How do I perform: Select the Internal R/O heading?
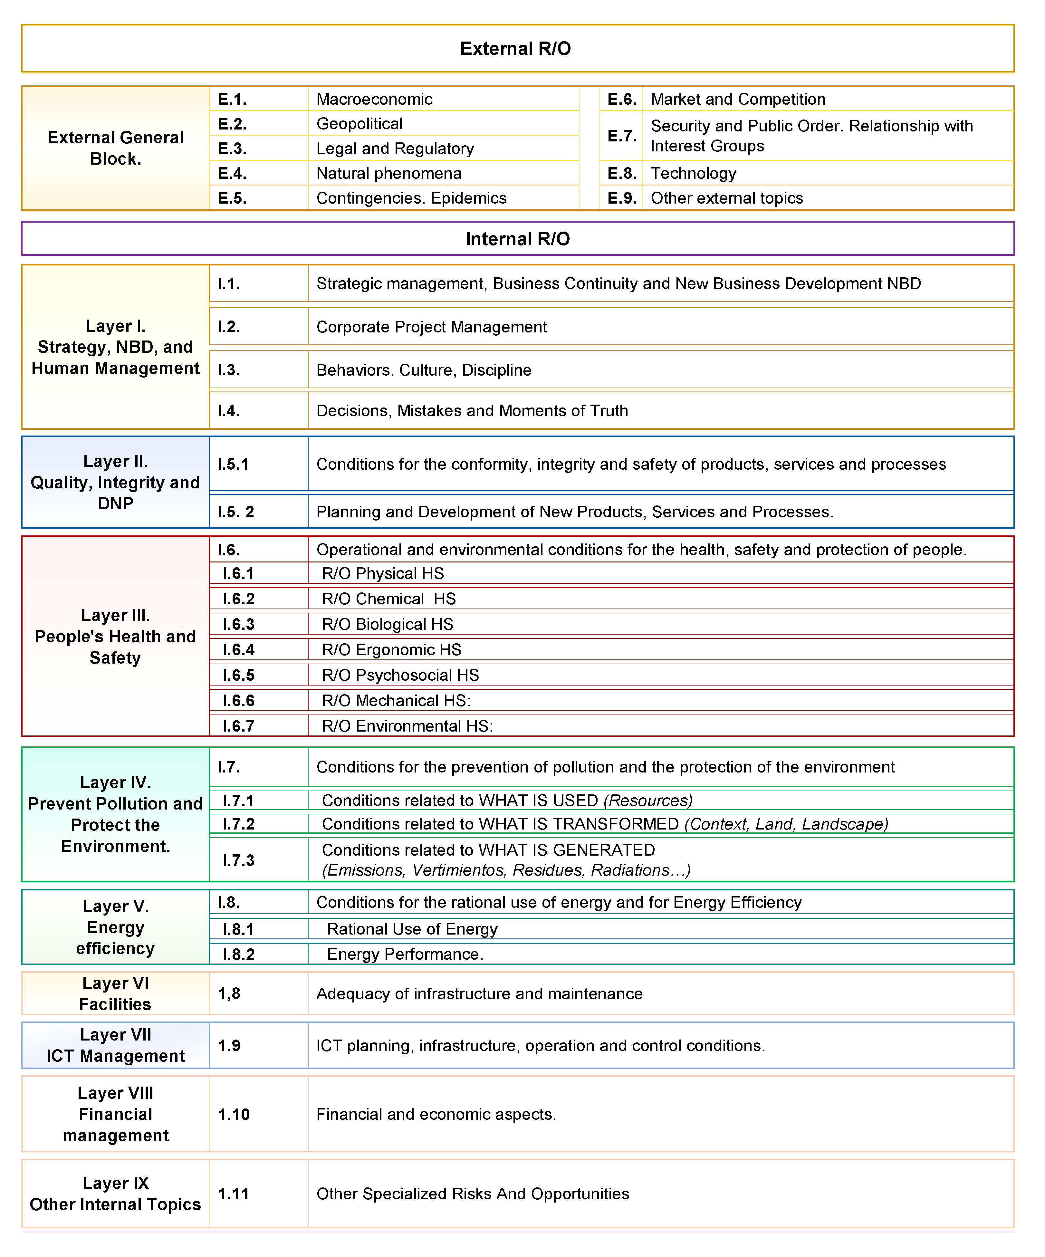coord(518,239)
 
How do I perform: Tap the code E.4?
coord(232,174)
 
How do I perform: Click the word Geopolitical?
coord(359,124)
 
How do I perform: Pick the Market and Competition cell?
coord(738,99)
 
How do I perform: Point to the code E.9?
coord(622,198)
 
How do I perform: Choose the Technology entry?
coord(693,174)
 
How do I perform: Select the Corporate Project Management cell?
coord(431,327)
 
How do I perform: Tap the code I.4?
coord(229,411)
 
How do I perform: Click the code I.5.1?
coord(233,465)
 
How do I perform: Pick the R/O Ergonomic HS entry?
coord(391,649)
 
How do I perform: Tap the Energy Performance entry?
coord(405,954)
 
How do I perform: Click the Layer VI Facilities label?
coord(116,993)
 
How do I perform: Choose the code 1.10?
coord(234,1115)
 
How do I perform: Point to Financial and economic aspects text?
coord(436,1115)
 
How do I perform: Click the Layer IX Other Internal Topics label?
coord(116,1194)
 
